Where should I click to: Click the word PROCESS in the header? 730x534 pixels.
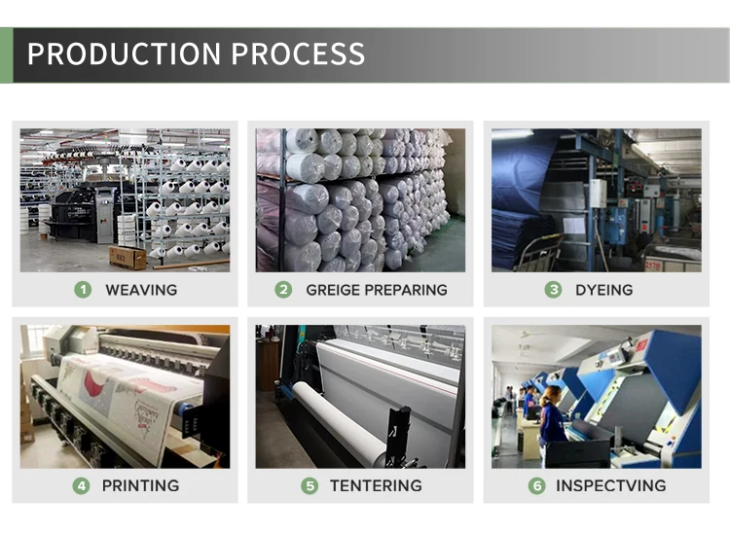[295, 53]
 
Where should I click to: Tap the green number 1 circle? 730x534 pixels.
[83, 289]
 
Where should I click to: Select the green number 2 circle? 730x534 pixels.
[283, 289]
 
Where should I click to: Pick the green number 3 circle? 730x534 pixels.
[553, 289]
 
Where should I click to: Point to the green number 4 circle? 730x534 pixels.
[82, 485]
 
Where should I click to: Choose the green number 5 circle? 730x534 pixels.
[310, 485]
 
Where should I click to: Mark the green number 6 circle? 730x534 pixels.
[536, 485]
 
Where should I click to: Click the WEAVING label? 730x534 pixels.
[141, 289]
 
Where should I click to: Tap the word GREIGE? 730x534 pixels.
[336, 289]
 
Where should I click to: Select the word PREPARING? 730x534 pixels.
[410, 289]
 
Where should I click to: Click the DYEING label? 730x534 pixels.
[603, 289]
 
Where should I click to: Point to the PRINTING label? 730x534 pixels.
[140, 485]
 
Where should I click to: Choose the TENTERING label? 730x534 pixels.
[375, 485]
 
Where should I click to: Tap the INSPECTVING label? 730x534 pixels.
[610, 485]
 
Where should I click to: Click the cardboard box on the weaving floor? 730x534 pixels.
[128, 257]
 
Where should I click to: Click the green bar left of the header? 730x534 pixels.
[6, 54]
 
